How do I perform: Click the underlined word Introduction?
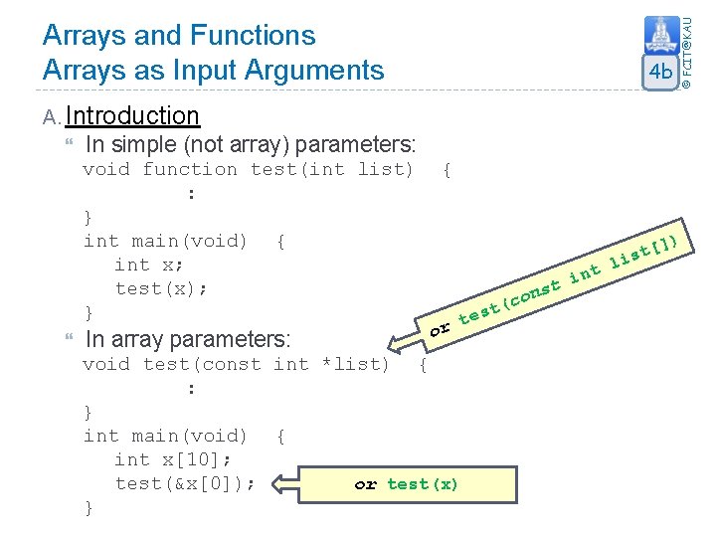click(x=132, y=116)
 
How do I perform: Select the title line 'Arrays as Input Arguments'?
click(x=213, y=70)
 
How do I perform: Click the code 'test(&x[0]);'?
click(x=185, y=483)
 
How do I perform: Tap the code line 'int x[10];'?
click(x=174, y=459)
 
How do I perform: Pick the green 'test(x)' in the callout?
click(x=423, y=484)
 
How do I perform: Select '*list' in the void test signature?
click(x=355, y=364)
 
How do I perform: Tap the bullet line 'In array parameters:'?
click(x=188, y=339)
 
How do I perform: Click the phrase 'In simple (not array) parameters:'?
click(x=251, y=143)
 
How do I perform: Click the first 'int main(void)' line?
click(x=165, y=241)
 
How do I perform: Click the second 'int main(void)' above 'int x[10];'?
click(x=165, y=436)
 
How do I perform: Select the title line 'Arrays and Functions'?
click(x=179, y=35)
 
